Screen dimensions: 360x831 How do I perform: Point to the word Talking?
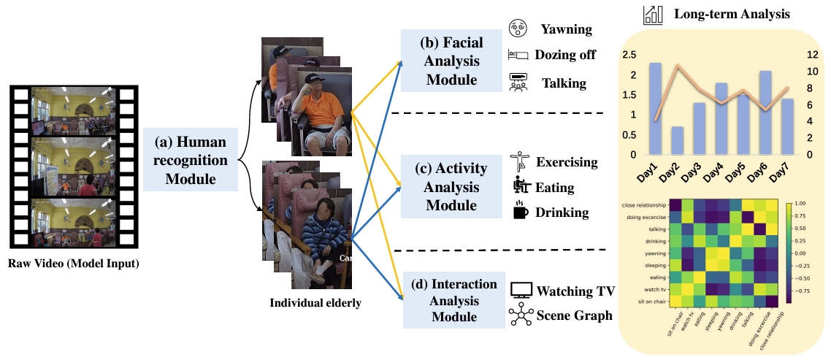pos(564,83)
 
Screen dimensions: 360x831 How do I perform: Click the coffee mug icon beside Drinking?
pos(520,212)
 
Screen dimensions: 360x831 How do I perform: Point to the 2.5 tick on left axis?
pos(628,55)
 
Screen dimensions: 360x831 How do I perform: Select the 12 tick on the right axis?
pos(813,55)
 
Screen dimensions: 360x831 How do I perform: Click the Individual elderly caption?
pos(315,303)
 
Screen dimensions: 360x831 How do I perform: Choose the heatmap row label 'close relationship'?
pos(643,205)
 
